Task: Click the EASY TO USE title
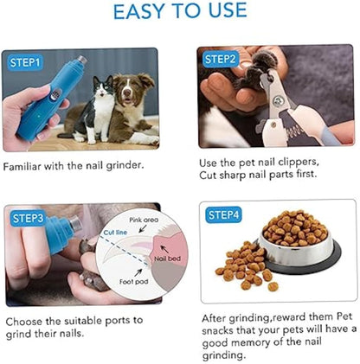click(x=180, y=12)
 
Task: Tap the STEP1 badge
click(x=26, y=62)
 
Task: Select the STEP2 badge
click(x=220, y=59)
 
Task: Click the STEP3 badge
click(x=26, y=218)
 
